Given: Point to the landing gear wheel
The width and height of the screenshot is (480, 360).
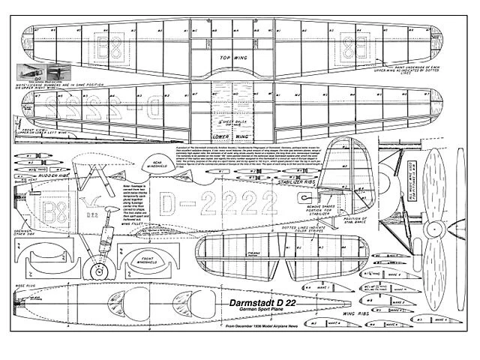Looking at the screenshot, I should click(x=94, y=266).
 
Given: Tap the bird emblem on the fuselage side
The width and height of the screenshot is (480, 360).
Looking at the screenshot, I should click(x=94, y=200).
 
